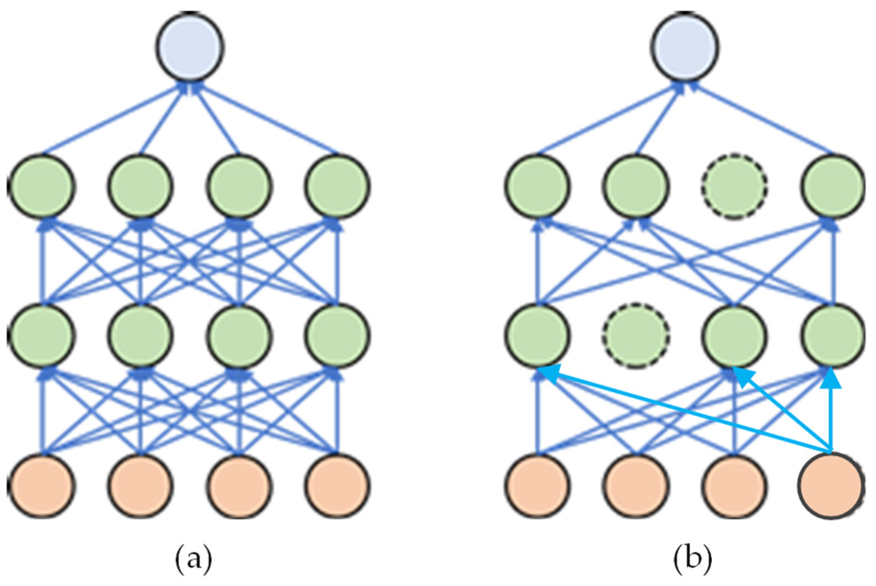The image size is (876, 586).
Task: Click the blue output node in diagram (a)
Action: pyautogui.click(x=190, y=47)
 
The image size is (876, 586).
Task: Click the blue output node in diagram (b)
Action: pyautogui.click(x=685, y=46)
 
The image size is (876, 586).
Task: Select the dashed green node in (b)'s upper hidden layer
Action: pyautogui.click(x=734, y=186)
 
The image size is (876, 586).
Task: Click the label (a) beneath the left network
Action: pyautogui.click(x=194, y=559)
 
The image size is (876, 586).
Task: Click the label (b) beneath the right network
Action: pyautogui.click(x=693, y=559)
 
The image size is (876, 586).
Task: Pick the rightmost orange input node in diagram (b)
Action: pyautogui.click(x=831, y=485)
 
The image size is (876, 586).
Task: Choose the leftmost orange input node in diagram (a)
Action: pyautogui.click(x=42, y=485)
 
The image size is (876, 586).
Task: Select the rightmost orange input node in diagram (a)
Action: pyautogui.click(x=337, y=485)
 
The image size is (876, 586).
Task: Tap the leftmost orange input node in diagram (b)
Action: pyautogui.click(x=538, y=485)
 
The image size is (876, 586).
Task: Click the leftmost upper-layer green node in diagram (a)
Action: pyautogui.click(x=42, y=186)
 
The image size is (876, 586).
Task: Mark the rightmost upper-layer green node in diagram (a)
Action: pyautogui.click(x=337, y=186)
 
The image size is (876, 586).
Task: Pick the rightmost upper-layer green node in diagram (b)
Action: pyautogui.click(x=833, y=186)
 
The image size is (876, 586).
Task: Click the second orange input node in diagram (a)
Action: pyautogui.click(x=141, y=485)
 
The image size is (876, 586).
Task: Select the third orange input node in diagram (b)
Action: pyautogui.click(x=734, y=485)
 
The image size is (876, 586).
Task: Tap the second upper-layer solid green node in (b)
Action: pyautogui.click(x=636, y=186)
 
